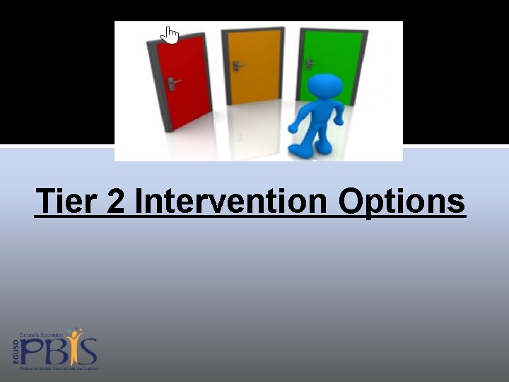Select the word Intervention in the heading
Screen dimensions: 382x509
(230, 201)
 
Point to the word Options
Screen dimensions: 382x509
(402, 201)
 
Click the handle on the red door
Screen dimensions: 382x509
(172, 82)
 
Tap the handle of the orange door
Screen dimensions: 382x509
(238, 66)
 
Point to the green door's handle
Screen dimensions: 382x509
(310, 63)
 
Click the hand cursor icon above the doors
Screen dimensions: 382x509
(170, 35)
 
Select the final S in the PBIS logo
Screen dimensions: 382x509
(89, 352)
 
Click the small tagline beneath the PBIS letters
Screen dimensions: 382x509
(59, 369)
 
